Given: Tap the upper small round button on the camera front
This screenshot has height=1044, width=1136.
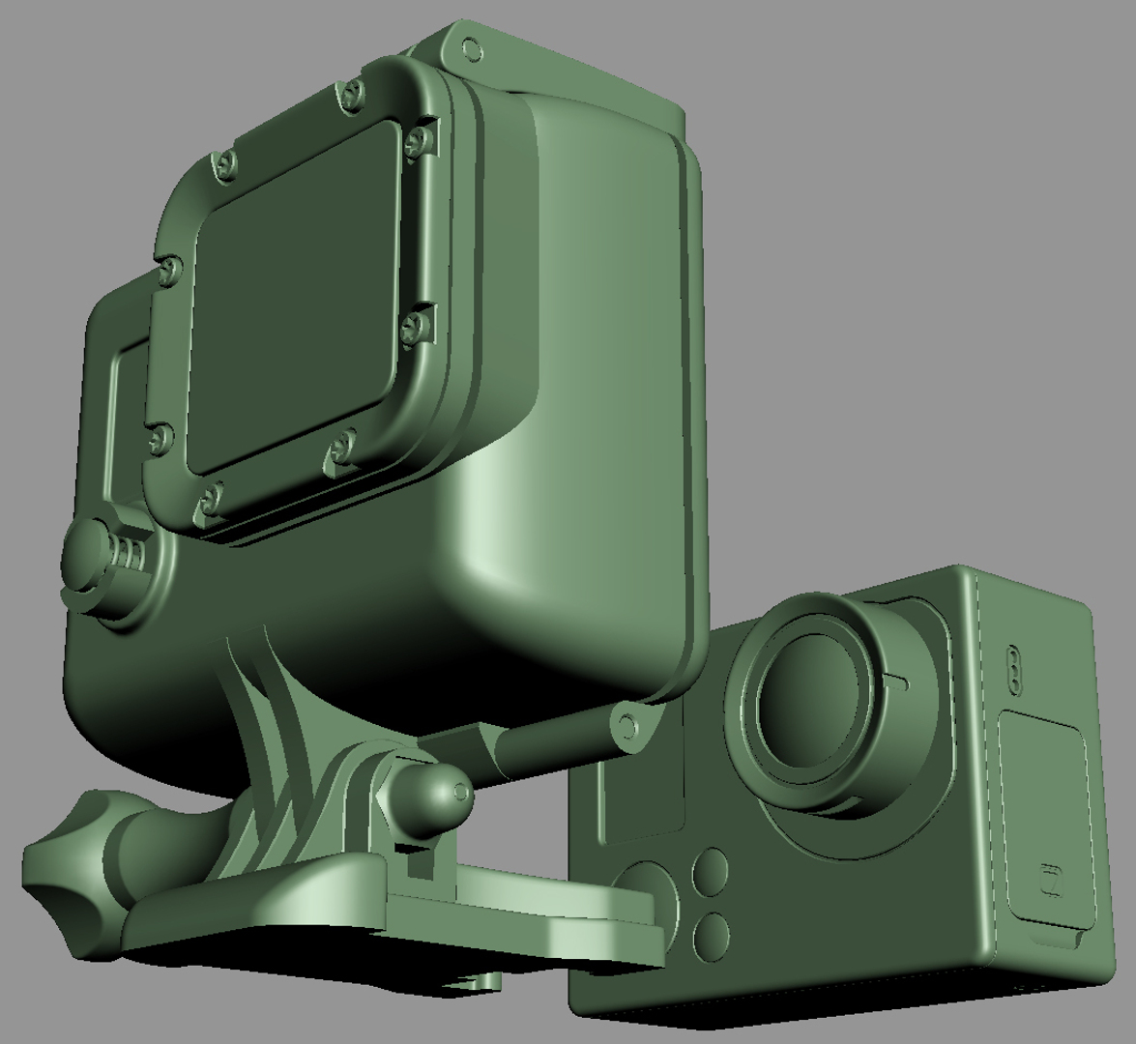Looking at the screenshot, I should click(710, 872).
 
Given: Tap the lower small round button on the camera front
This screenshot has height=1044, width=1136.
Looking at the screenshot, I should click(711, 935).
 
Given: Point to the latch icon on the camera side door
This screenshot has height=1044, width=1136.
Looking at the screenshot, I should click(1050, 882).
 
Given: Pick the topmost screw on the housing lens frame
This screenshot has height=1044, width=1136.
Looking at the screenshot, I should click(351, 94).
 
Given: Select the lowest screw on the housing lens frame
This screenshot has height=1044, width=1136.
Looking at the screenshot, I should click(208, 502).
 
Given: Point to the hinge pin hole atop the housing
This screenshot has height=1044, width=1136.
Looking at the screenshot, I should click(471, 47).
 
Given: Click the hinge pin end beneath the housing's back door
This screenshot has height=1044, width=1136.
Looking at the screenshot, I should click(626, 725).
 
